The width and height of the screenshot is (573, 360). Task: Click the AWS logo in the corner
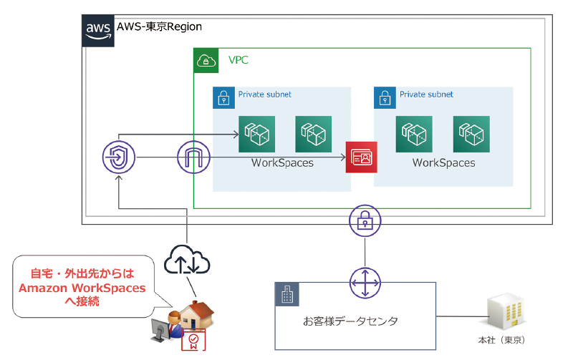tap(97, 29)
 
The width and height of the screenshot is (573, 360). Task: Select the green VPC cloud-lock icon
tap(207, 60)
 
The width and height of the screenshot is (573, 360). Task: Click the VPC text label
tap(239, 60)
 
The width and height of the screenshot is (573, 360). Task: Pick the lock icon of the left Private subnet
tap(224, 97)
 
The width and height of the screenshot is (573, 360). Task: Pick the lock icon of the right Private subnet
tap(385, 97)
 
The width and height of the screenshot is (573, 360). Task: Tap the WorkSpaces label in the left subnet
tap(282, 163)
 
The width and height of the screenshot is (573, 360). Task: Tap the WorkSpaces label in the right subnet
tap(443, 163)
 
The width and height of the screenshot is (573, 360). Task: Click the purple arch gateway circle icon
tap(194, 156)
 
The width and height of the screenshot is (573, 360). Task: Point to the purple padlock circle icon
tap(365, 221)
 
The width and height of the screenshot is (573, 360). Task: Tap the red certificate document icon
tap(191, 340)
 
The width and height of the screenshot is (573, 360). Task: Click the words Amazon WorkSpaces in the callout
tap(82, 288)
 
